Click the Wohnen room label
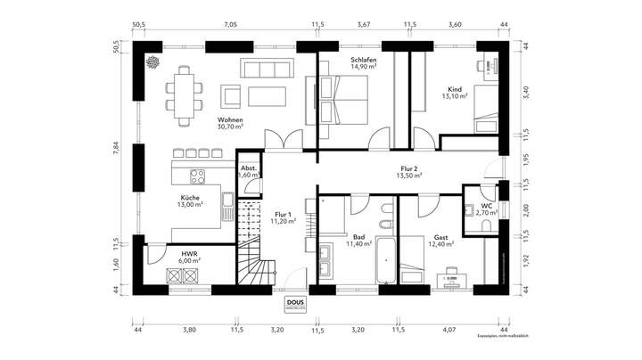[231, 120]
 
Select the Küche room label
[189, 198]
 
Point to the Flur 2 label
[409, 168]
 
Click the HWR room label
[189, 253]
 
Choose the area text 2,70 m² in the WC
[487, 214]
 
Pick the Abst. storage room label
[249, 168]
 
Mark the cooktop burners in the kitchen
[198, 175]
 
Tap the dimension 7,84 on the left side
[116, 149]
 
